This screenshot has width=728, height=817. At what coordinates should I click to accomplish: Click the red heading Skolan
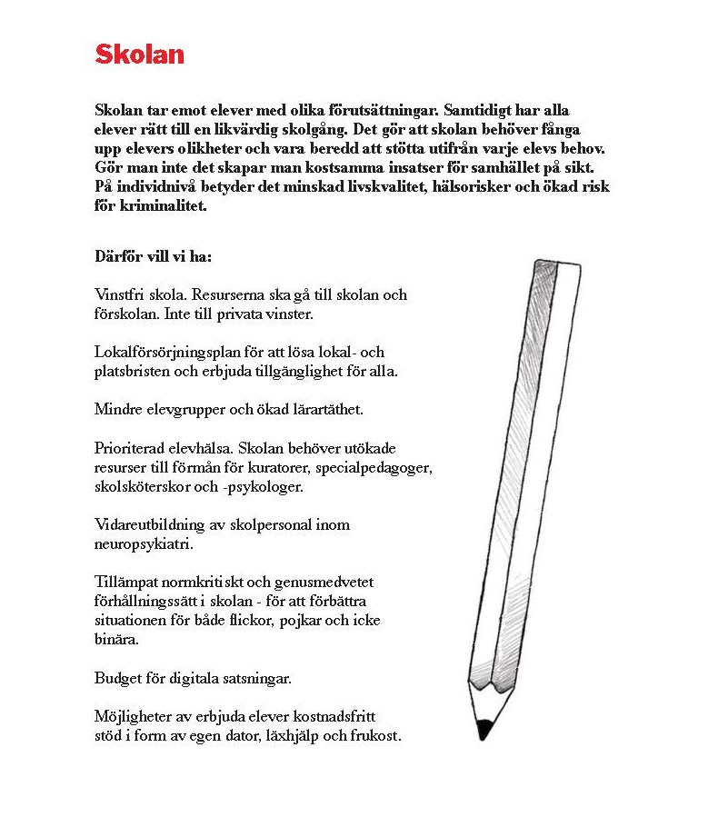(x=139, y=55)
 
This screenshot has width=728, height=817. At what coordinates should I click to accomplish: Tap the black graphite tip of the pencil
(x=484, y=728)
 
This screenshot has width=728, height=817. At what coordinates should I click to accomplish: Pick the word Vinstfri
(x=120, y=294)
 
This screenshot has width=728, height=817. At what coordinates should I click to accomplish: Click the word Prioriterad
(x=133, y=448)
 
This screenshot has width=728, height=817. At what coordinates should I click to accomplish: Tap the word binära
(x=116, y=639)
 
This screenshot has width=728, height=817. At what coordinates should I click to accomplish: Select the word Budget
(x=116, y=678)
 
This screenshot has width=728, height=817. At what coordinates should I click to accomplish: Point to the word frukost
(x=374, y=735)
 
